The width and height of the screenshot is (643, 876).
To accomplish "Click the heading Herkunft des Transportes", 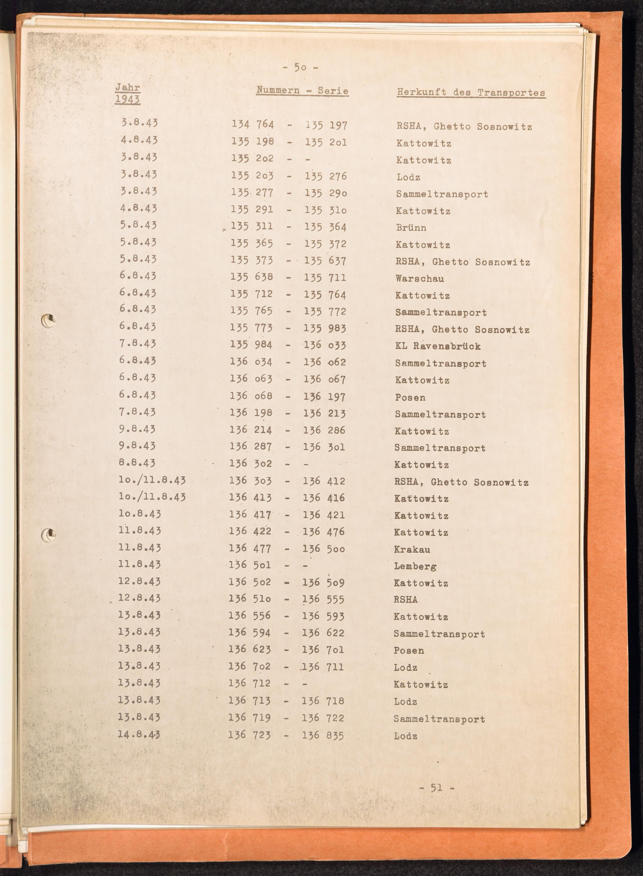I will (x=471, y=93).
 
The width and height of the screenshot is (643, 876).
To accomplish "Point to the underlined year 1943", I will (x=127, y=100).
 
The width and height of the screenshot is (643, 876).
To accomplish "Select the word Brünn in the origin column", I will (x=411, y=228).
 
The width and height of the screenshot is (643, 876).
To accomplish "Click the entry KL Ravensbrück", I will (x=438, y=346).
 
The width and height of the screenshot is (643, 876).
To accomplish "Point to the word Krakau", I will (x=412, y=550).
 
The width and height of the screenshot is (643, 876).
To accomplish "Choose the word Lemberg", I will (x=415, y=566).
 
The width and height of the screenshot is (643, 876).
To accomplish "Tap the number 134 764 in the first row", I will (x=253, y=124).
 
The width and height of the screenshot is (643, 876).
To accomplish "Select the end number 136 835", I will (x=323, y=735).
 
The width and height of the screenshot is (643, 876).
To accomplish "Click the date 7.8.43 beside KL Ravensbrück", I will (x=138, y=344).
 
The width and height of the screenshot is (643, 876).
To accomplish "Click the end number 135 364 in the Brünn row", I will (x=325, y=227).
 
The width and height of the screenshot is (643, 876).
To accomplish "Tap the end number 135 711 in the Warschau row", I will (x=325, y=278).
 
